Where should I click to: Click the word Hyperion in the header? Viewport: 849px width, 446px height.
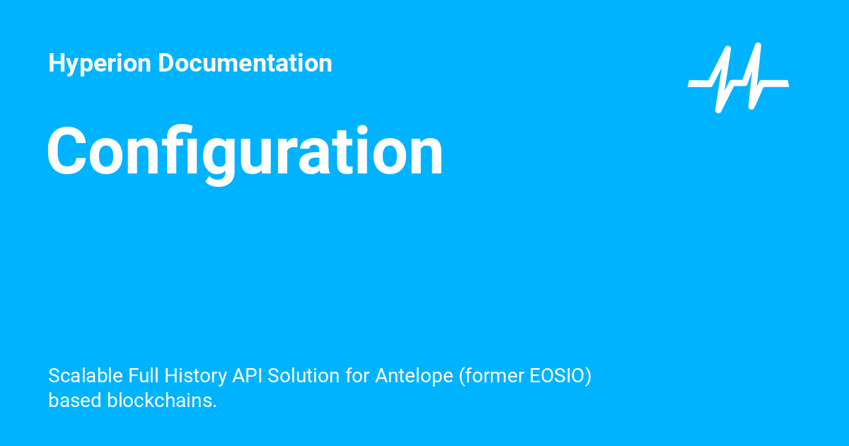tap(100, 64)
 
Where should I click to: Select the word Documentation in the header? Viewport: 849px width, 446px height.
tap(245, 64)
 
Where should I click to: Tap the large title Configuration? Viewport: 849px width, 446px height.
tap(245, 152)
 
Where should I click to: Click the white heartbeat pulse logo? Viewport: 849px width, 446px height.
tap(738, 78)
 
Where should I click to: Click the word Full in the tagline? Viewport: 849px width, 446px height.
tap(144, 375)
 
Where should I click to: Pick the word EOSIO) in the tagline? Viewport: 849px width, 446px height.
tap(560, 375)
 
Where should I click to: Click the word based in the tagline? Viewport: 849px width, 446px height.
tap(75, 400)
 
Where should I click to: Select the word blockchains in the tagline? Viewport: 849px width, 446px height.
tap(161, 400)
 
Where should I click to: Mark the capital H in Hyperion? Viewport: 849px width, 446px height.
tap(57, 64)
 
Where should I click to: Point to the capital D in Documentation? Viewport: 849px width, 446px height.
tap(166, 64)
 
